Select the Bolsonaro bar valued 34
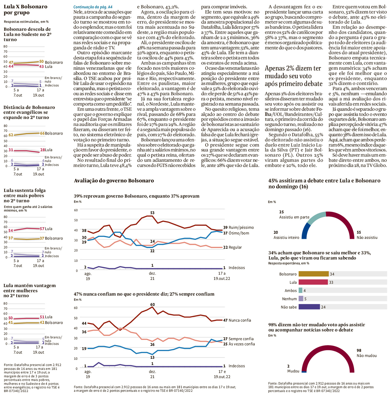[313, 274]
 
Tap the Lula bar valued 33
[313, 282]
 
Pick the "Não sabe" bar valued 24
[309, 307]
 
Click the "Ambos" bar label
[291, 291]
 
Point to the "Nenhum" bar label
[289, 299]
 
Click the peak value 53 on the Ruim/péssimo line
[152, 213]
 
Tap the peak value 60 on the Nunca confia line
[152, 304]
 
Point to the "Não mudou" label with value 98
[366, 356]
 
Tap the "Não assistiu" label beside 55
[367, 238]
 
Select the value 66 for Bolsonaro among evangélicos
[42, 134]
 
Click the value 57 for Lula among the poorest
[42, 229]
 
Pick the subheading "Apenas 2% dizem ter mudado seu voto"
[293, 76]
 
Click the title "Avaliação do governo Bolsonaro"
[114, 181]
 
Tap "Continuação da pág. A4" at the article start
[93, 7]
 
